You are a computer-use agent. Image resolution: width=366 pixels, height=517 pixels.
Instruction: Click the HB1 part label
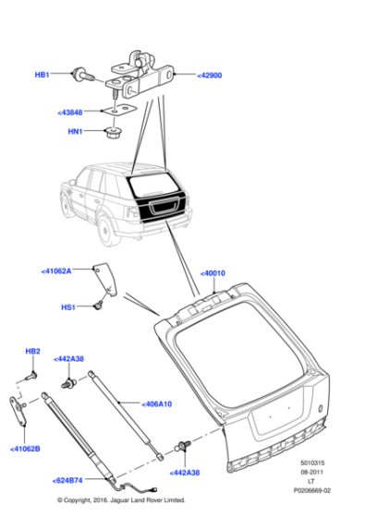click(43, 74)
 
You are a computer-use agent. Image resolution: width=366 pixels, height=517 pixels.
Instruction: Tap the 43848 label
click(70, 113)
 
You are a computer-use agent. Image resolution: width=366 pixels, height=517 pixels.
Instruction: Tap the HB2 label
click(32, 352)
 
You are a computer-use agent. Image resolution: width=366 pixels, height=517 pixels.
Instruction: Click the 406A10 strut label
click(158, 403)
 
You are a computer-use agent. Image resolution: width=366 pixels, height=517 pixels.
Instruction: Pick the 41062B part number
click(25, 449)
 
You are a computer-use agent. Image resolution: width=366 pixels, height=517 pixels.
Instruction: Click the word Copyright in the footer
click(86, 500)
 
